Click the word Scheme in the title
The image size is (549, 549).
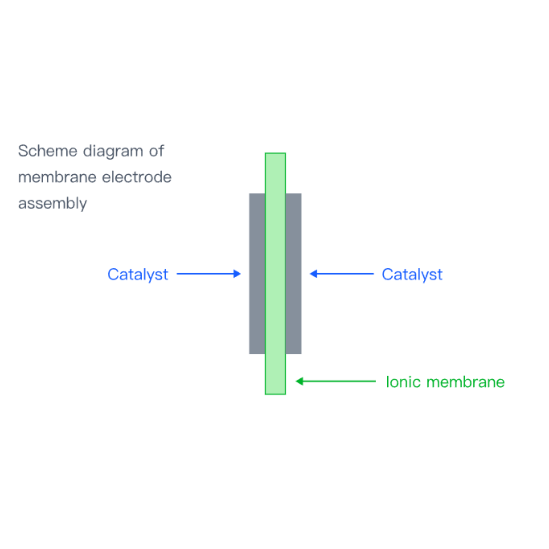pos(48,151)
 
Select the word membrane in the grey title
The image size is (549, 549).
pos(57,177)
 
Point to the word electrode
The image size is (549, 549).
pos(137,177)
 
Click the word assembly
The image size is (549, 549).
pos(52,204)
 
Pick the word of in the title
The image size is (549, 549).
pos(157,151)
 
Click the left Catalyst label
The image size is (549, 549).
pos(138,274)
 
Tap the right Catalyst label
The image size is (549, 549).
pos(412,274)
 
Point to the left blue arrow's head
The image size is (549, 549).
pos(237,274)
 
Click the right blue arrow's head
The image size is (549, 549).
pos(313,274)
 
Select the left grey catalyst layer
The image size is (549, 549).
pos(257,273)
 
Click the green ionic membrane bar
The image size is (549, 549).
pos(275,274)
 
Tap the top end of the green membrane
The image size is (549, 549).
pos(275,153)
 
